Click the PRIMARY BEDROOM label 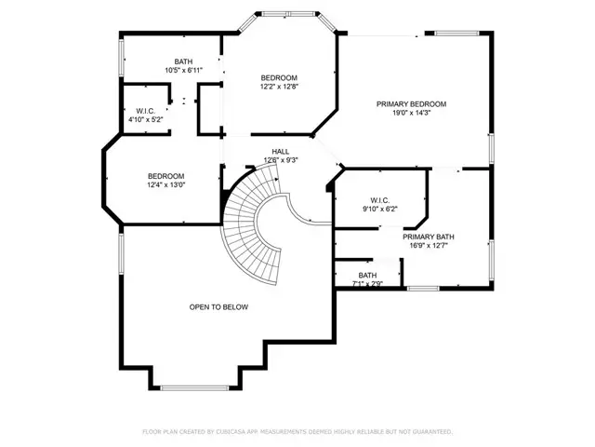coord(411,104)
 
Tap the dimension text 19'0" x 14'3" coord(411,114)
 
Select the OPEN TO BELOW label coord(218,306)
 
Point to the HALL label coord(280,151)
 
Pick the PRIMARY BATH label coord(428,237)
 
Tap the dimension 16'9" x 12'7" coord(428,246)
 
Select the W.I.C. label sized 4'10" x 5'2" coord(144,111)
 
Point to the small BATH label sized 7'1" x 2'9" coord(367,275)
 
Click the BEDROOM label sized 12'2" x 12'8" coord(279,77)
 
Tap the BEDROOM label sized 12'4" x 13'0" coord(165,176)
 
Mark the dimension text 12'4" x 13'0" coord(165,185)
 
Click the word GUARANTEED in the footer coord(430,432)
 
